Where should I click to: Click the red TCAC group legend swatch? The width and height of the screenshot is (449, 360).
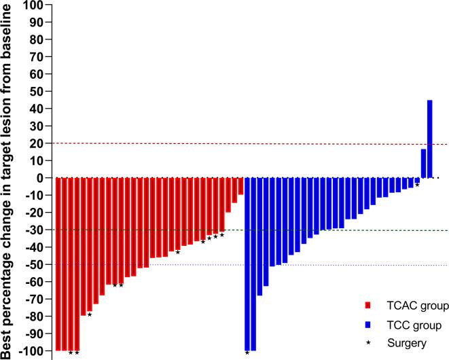[x=367, y=306]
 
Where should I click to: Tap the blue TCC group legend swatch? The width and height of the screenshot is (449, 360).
[x=367, y=325]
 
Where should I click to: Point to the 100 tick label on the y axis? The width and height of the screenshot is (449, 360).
[x=33, y=5]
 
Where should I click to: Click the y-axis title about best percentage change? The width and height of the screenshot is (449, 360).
[x=9, y=180]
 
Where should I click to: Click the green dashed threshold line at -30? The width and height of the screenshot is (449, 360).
[x=340, y=230]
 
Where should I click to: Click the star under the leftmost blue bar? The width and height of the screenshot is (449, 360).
[x=247, y=353]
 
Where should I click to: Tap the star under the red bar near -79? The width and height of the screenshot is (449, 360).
[x=90, y=314]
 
